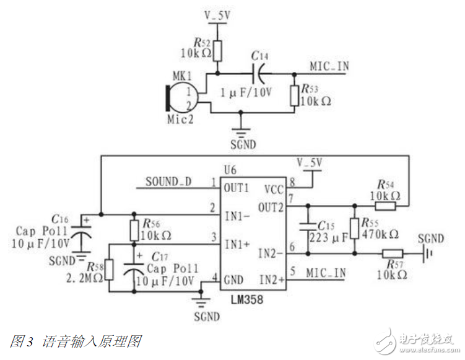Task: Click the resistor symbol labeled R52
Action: click(218, 50)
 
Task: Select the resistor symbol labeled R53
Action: click(294, 95)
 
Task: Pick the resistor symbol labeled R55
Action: click(355, 228)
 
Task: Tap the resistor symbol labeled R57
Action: click(392, 253)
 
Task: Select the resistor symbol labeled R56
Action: click(134, 230)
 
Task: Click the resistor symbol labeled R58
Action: click(109, 269)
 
